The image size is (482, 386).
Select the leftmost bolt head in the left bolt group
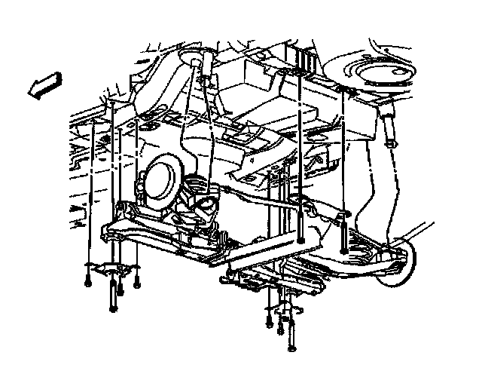pyautogui.click(x=88, y=284)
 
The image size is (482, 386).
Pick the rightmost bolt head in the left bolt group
pyautogui.click(x=137, y=284)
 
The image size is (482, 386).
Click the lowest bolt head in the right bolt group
pyautogui.click(x=291, y=348)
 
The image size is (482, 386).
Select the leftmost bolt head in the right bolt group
pyautogui.click(x=269, y=325)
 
